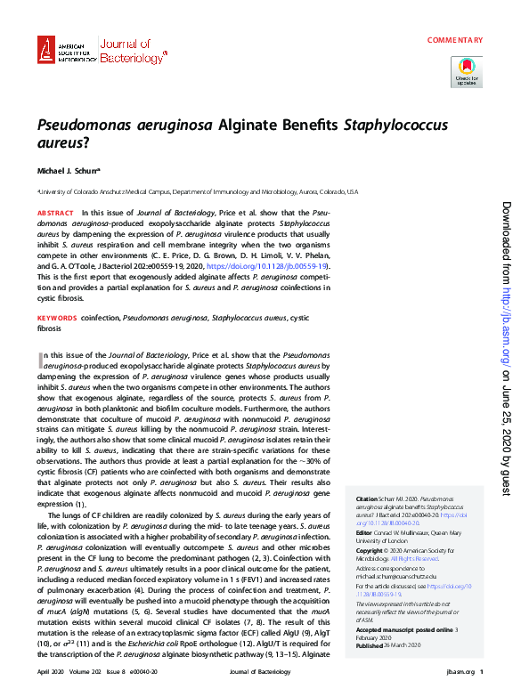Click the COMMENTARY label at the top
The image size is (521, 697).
pyautogui.click(x=454, y=40)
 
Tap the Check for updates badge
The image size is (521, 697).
pyautogui.click(x=467, y=71)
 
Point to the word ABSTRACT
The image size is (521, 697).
pyautogui.click(x=55, y=214)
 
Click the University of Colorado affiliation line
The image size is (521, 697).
pyautogui.click(x=196, y=191)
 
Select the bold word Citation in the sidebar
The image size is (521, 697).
pyautogui.click(x=367, y=499)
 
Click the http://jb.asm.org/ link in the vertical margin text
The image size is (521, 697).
pyautogui.click(x=506, y=312)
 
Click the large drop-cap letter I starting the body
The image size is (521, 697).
pyautogui.click(x=41, y=360)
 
